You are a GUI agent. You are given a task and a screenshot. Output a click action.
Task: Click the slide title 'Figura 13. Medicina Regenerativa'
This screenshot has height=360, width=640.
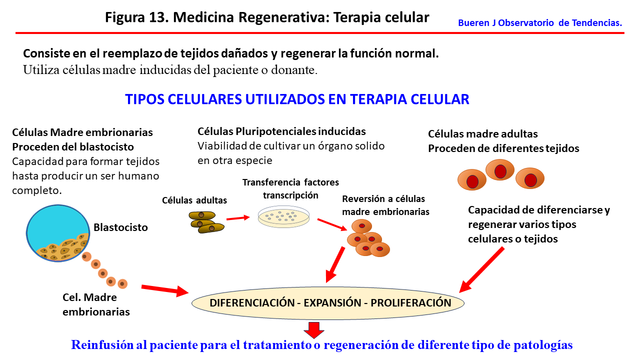(267, 17)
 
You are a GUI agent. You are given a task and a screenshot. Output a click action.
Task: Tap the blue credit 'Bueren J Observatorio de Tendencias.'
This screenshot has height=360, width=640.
(540, 23)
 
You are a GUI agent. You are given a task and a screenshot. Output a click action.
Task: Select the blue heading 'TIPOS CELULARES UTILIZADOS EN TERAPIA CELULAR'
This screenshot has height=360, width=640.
(297, 99)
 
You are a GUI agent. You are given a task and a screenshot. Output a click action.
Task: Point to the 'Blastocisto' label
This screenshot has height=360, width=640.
(120, 227)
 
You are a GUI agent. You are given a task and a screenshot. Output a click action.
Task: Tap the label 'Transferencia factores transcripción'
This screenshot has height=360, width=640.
(290, 188)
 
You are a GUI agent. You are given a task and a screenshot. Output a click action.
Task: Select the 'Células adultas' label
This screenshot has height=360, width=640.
(194, 200)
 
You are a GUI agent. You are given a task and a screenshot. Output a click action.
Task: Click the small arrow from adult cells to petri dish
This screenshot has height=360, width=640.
(237, 217)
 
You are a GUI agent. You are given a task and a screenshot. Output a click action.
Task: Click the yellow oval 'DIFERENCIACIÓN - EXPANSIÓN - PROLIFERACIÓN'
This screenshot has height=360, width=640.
(328, 303)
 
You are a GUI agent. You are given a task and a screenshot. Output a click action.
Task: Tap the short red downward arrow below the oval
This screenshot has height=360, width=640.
(314, 330)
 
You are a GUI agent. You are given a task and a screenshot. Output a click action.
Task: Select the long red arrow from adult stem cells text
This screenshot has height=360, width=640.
(481, 269)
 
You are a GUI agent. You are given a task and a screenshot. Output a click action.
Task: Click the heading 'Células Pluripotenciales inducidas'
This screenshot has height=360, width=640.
(281, 131)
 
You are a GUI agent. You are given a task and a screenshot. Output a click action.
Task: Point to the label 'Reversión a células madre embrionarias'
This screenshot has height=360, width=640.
(385, 205)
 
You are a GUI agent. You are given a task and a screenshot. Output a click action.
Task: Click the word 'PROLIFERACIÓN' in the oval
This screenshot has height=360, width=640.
(411, 303)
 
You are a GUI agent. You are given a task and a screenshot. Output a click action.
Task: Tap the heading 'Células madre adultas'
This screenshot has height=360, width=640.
(482, 134)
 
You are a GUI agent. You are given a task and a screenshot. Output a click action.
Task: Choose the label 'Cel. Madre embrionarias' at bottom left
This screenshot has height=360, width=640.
(96, 304)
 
